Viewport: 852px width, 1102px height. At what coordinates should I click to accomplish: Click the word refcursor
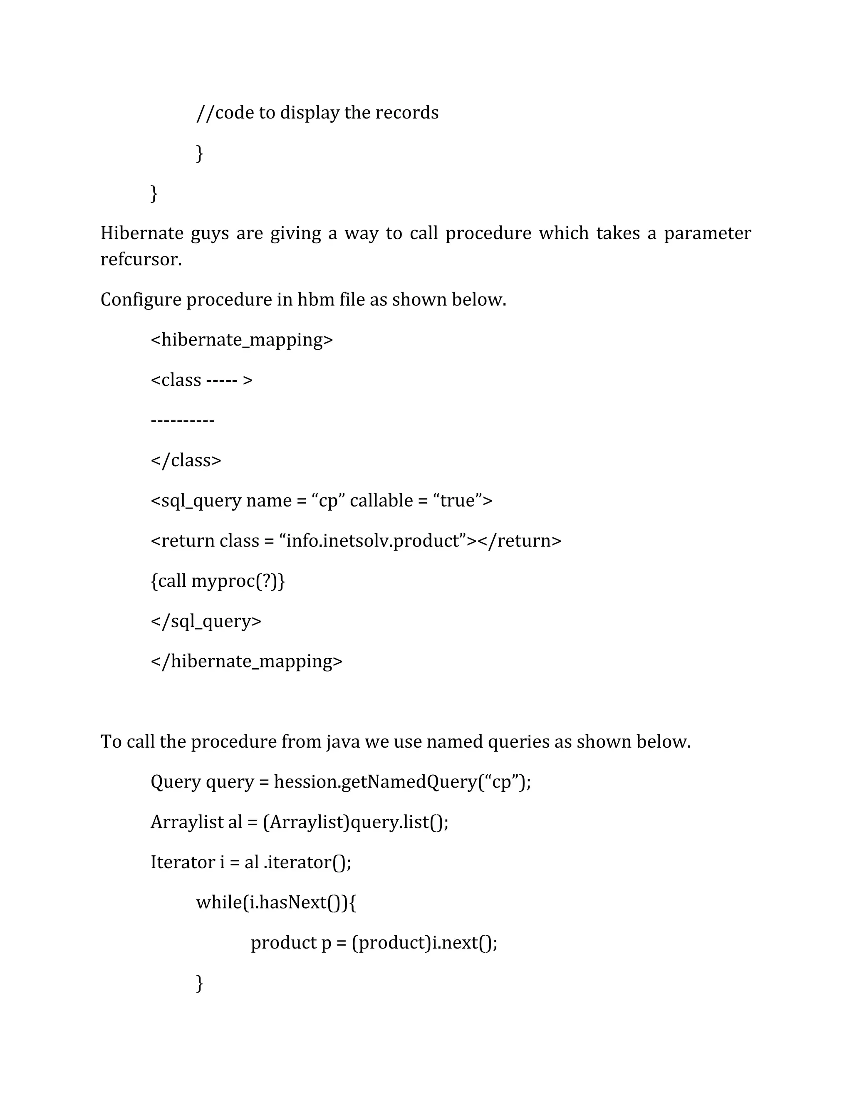coord(141,259)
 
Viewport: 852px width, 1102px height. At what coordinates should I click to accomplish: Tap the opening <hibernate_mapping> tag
coord(242,340)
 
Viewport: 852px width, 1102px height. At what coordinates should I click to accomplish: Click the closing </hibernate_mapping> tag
coord(246,661)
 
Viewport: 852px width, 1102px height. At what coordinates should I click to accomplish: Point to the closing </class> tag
coord(186,460)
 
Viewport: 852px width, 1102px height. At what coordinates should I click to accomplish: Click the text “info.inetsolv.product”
coord(372,541)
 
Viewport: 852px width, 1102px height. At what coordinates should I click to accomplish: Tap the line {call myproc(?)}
coord(218,581)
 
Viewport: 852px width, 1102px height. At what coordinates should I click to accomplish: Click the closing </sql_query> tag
coord(206,621)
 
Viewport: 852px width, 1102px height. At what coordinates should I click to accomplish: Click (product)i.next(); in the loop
coord(424,943)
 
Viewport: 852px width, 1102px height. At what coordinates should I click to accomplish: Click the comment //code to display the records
coord(317,113)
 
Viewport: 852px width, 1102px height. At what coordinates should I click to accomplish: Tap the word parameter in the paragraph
coord(707,233)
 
